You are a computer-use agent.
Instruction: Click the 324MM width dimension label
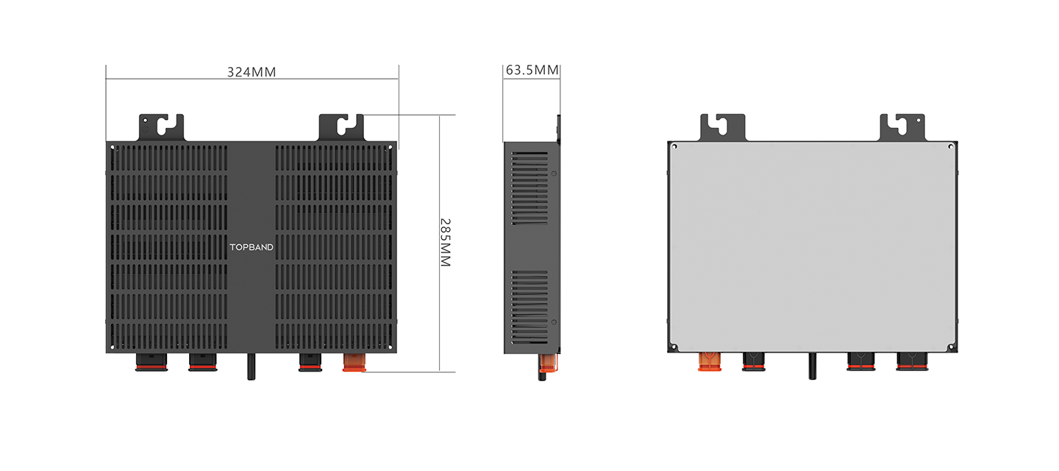point(252,72)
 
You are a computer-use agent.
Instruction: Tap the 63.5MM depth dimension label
point(532,70)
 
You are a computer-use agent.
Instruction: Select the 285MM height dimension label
point(446,243)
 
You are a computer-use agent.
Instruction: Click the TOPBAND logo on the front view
point(252,247)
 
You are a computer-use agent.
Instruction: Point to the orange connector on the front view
point(354,362)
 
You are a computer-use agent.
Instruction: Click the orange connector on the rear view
point(710,361)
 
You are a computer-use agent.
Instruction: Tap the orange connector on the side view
point(549,363)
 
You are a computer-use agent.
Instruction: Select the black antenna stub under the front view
point(251,366)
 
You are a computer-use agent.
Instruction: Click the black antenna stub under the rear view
point(812,366)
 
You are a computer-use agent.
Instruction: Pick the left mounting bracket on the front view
point(161,127)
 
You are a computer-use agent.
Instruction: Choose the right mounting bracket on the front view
point(341,127)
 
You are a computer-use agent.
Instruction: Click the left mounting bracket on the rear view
point(722,127)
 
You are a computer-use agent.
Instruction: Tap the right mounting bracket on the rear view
point(902,127)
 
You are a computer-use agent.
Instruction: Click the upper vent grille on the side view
point(529,188)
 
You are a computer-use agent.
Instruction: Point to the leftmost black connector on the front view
point(151,362)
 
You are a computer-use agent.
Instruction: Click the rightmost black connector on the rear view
point(912,362)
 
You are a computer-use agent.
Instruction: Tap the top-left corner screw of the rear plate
point(674,146)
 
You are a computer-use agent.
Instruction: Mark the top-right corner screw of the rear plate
point(951,146)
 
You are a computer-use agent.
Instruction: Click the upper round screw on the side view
point(554,174)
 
